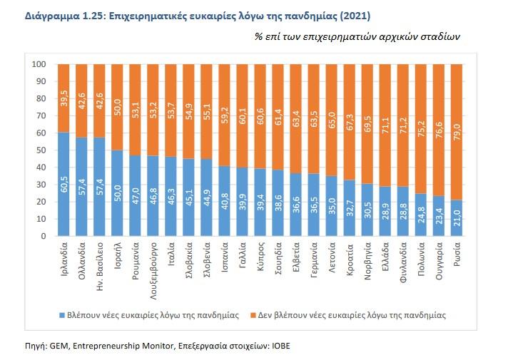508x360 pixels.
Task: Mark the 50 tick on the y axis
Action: [42, 150]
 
